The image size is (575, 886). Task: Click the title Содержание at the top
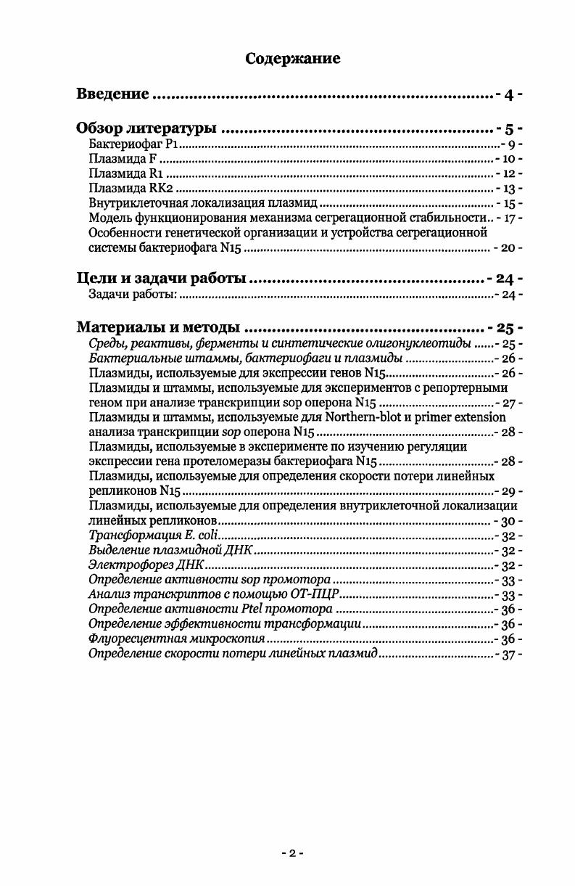293,58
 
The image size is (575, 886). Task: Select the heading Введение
113,94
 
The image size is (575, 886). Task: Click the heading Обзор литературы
146,129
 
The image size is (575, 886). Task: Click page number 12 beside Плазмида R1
509,174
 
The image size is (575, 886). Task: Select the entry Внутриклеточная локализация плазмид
203,204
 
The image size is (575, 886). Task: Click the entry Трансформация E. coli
147,536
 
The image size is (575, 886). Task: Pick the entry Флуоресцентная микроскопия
176,639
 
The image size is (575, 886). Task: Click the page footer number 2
292,853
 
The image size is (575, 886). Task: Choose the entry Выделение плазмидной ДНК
170,551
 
